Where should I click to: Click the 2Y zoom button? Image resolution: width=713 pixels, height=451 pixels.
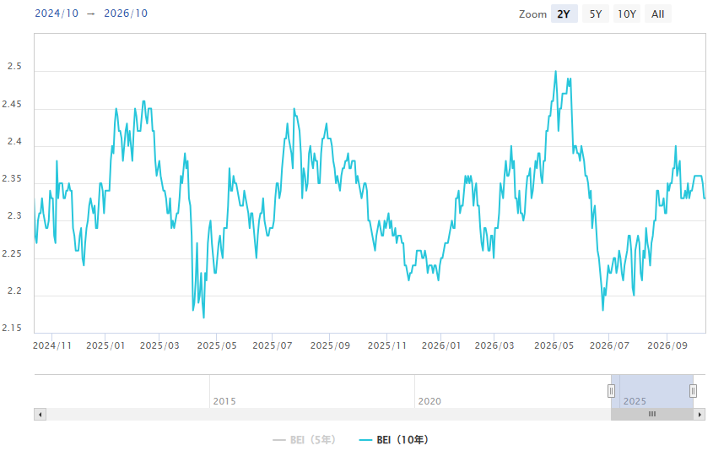564,14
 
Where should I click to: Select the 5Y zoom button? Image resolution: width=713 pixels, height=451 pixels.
596,14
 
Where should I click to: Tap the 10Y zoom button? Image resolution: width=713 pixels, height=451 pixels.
627,14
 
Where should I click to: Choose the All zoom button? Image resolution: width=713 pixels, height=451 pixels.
657,14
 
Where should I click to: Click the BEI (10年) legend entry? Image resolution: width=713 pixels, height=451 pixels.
394,440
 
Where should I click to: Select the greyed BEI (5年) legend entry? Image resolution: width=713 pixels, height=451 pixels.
304,440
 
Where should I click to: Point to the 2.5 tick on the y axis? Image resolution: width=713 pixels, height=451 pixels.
14,67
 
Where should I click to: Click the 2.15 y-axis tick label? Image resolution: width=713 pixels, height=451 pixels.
12,329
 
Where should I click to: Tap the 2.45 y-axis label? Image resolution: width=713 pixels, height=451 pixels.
12,104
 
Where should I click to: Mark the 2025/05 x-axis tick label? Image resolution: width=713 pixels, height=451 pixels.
217,345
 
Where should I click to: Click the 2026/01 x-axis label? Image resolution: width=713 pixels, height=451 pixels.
441,345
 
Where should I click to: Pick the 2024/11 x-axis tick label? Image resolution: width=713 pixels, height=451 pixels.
52,345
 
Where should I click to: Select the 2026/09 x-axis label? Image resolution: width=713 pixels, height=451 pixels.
667,345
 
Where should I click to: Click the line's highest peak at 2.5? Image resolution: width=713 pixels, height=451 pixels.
556,72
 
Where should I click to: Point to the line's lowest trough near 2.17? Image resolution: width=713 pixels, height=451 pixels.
203,318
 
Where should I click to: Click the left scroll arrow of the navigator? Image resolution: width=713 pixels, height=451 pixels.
40,414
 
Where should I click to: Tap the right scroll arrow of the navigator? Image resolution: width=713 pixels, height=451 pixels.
699,414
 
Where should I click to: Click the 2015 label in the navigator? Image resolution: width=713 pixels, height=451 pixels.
224,401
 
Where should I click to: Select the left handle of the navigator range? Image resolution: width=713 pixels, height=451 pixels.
611,390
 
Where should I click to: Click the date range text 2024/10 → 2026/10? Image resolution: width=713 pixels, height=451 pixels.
91,14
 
